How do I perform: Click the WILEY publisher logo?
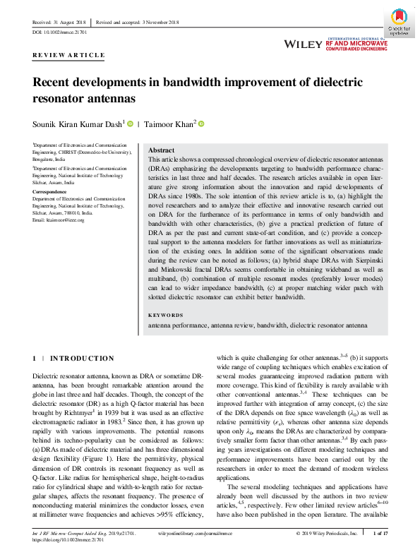(x=303, y=44)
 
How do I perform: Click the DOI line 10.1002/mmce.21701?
(x=61, y=32)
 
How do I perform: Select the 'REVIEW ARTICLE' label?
(x=69, y=55)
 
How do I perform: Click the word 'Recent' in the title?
(x=54, y=82)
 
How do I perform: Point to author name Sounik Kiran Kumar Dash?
(x=78, y=124)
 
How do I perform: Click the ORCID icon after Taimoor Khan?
(x=201, y=124)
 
